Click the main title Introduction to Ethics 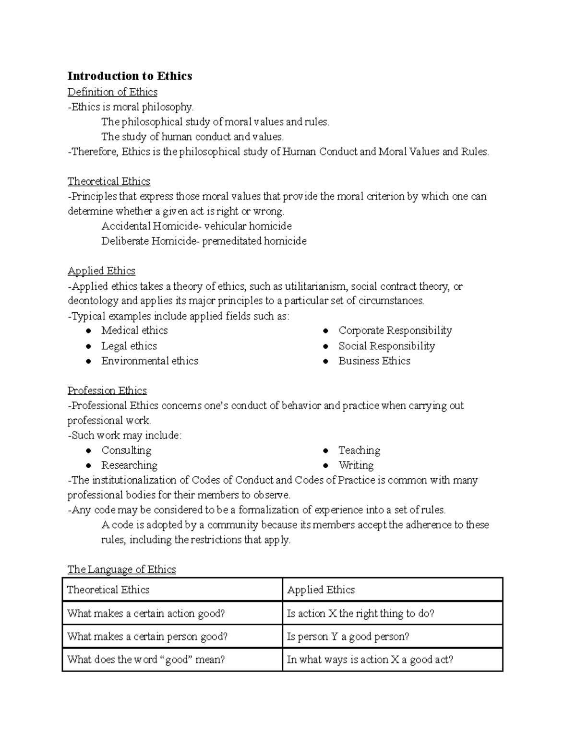[x=130, y=76]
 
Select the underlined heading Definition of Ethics [x=112, y=92]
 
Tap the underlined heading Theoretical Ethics [x=108, y=181]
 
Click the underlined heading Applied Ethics [x=101, y=271]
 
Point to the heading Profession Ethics [x=107, y=390]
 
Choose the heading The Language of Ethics [x=121, y=569]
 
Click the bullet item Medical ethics [x=134, y=331]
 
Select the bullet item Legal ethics [x=129, y=346]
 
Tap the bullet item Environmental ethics [x=149, y=361]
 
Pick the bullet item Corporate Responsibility [x=395, y=331]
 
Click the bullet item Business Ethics [x=374, y=361]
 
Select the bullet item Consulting [x=126, y=450]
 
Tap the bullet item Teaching [x=359, y=450]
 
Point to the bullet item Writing [x=356, y=465]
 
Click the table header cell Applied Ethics [x=321, y=590]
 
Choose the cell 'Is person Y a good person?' [x=348, y=637]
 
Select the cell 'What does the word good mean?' [x=146, y=660]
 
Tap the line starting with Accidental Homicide [x=196, y=226]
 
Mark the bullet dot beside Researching [x=88, y=465]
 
